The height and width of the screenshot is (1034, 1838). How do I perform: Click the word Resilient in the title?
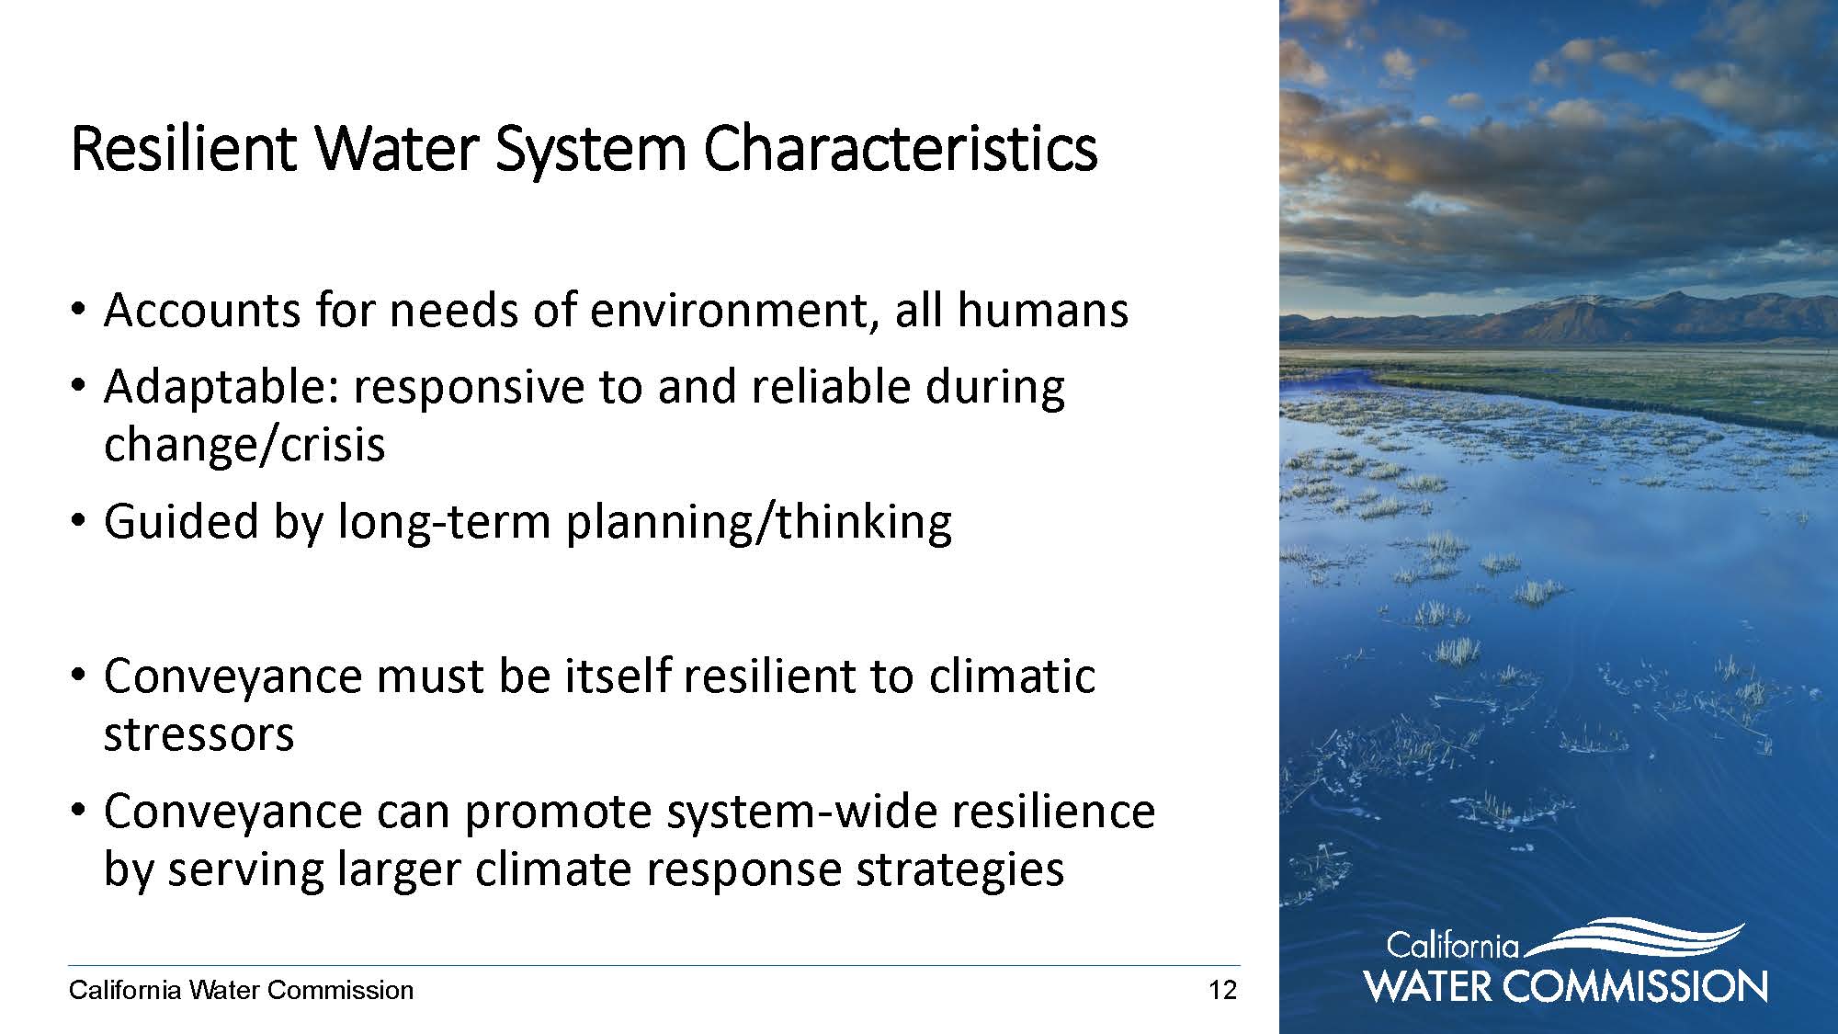(x=183, y=149)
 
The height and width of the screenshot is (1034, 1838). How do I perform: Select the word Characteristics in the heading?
(x=901, y=149)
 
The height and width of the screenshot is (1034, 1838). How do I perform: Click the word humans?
(x=1043, y=310)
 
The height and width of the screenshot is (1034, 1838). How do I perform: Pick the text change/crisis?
(x=244, y=445)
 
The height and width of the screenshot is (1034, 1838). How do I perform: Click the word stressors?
(x=199, y=734)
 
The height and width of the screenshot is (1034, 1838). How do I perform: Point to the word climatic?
(x=1012, y=676)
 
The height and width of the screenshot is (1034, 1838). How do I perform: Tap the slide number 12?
(x=1223, y=991)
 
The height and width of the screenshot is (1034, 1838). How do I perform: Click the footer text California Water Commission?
(x=242, y=991)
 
